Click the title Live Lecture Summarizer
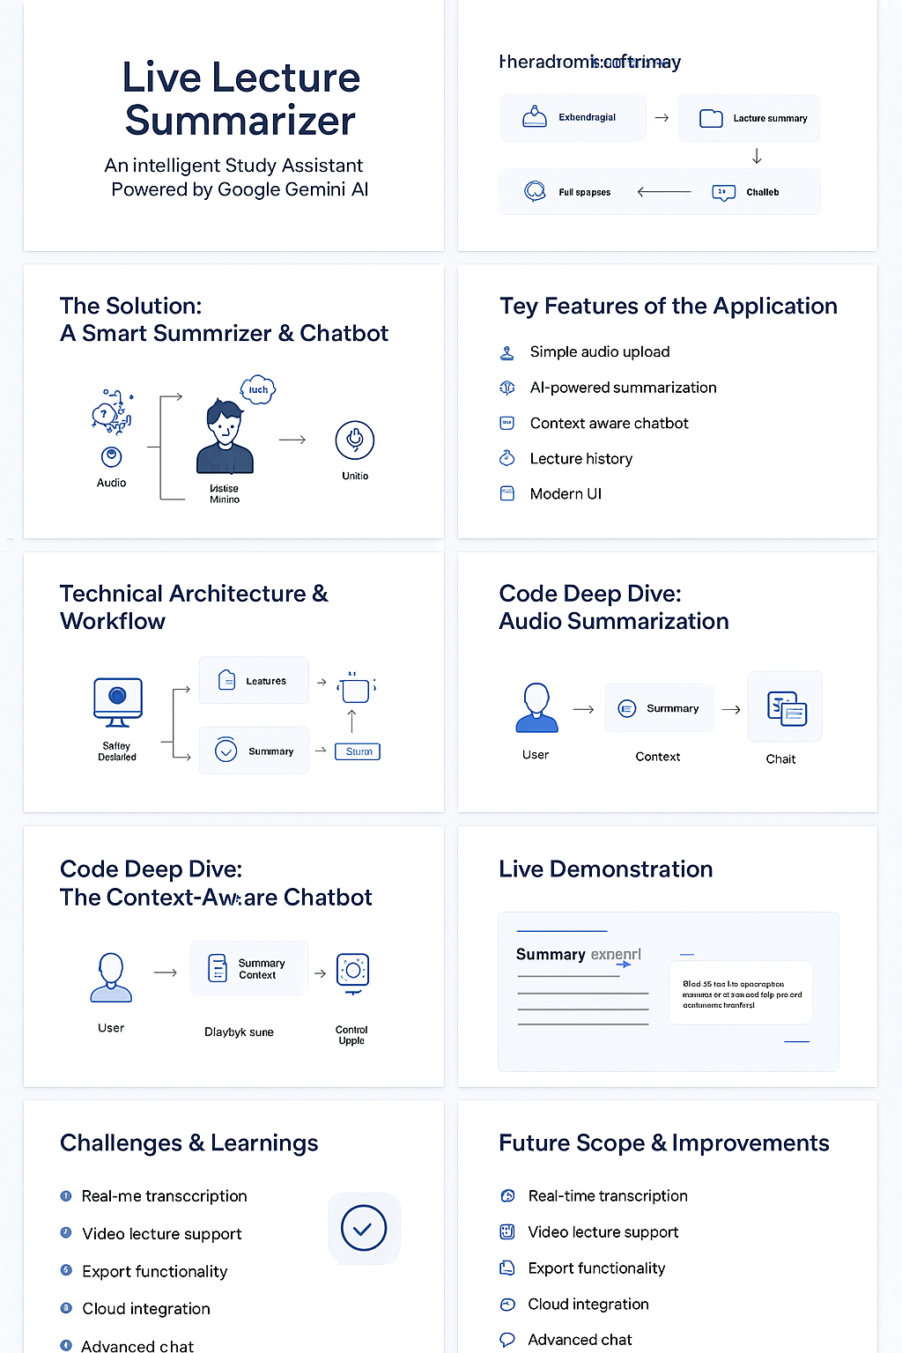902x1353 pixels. (x=240, y=99)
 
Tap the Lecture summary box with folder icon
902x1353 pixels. (x=750, y=118)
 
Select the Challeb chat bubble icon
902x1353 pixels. (x=723, y=192)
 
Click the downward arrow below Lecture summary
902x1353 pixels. (x=757, y=156)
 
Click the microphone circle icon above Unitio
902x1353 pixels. (x=355, y=440)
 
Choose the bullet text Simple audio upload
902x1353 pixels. (x=599, y=352)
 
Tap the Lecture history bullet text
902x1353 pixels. (x=580, y=459)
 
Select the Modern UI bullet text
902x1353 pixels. (x=566, y=494)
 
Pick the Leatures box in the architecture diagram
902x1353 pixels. (x=254, y=681)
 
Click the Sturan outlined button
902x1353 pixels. (x=358, y=751)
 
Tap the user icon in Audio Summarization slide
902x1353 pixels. (x=536, y=708)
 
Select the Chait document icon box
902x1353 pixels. (x=785, y=707)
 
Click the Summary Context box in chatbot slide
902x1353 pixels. (x=249, y=969)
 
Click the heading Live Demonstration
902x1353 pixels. (x=605, y=869)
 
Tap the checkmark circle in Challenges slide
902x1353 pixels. (x=364, y=1228)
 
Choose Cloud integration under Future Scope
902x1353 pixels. (x=588, y=1305)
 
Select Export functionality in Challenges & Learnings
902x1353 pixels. (x=154, y=1272)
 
